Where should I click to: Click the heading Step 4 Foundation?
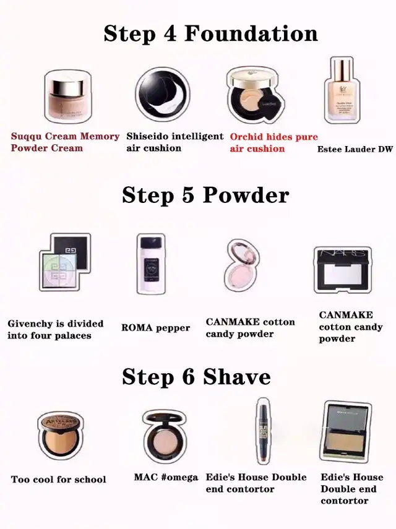pos(211,34)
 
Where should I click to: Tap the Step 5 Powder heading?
pos(206,196)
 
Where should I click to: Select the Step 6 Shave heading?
pos(196,377)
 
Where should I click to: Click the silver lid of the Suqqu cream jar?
pos(66,84)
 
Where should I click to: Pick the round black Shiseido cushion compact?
pos(163,95)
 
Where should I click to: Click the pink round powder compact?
pos(242,265)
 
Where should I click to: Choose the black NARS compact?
pos(343,270)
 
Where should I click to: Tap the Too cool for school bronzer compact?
pos(61,435)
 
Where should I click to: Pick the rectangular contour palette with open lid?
pos(346,431)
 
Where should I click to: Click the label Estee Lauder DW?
pos(355,149)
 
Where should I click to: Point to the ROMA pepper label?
pos(155,328)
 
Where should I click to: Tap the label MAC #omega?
pos(166,477)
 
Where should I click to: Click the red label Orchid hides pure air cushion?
pos(274,143)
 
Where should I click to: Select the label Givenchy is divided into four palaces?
pos(55,330)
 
